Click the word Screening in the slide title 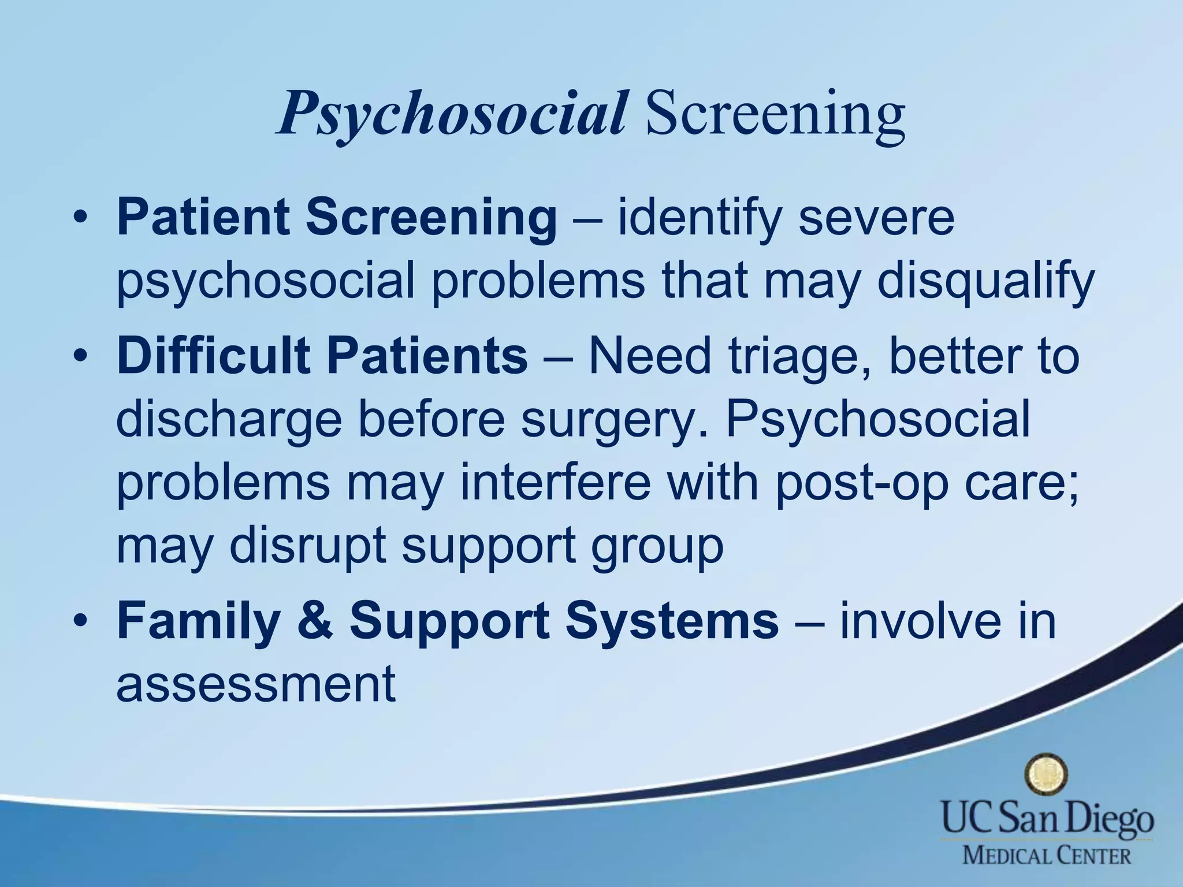775,113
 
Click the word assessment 256,685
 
